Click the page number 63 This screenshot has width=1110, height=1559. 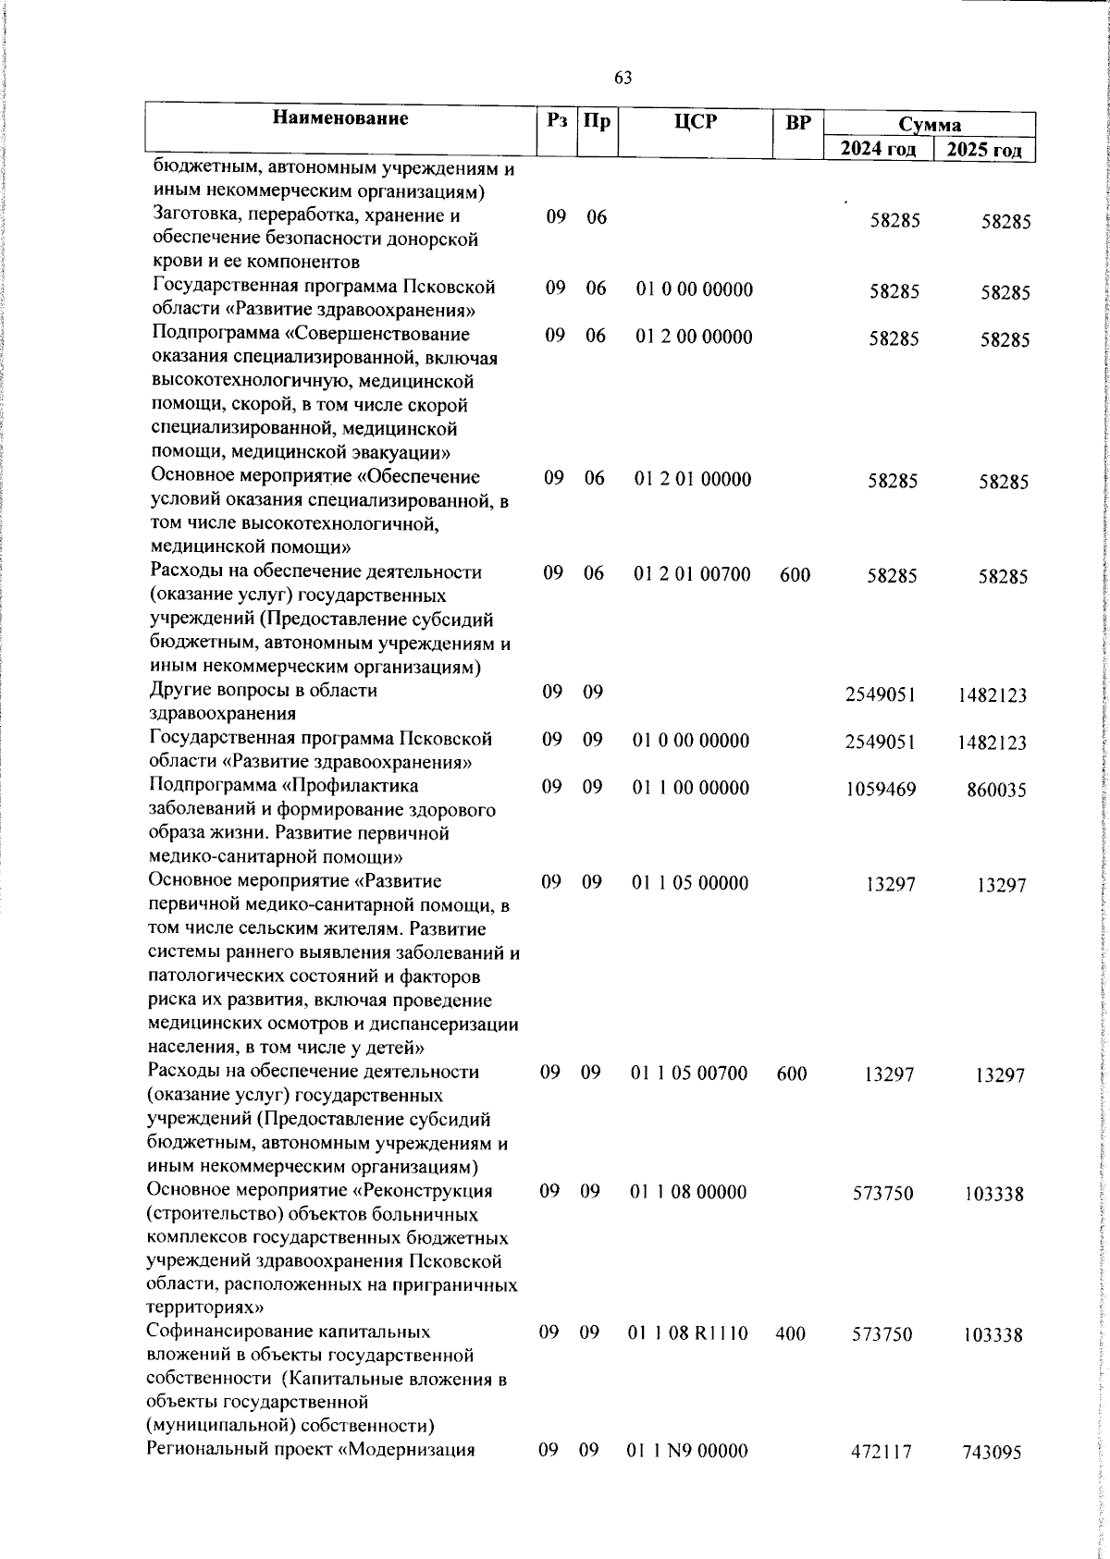pyautogui.click(x=623, y=78)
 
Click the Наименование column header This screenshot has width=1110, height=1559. pyautogui.click(x=340, y=118)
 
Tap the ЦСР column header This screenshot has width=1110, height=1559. pyautogui.click(x=696, y=120)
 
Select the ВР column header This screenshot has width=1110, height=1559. pyautogui.click(x=797, y=121)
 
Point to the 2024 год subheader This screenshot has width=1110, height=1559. pyautogui.click(x=878, y=150)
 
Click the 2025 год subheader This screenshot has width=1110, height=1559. pyautogui.click(x=984, y=150)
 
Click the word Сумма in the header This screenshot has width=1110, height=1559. pyautogui.click(x=929, y=125)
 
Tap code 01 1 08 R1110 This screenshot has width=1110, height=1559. pyautogui.click(x=688, y=1333)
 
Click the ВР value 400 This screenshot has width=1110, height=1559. pyautogui.click(x=791, y=1333)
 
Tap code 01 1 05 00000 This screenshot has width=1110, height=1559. pyautogui.click(x=690, y=883)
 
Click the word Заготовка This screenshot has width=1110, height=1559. pyautogui.click(x=196, y=216)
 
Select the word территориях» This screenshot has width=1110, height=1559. pyautogui.click(x=205, y=1308)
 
